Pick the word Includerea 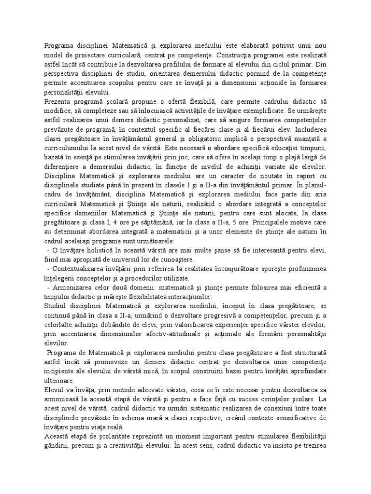pos(309,129)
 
